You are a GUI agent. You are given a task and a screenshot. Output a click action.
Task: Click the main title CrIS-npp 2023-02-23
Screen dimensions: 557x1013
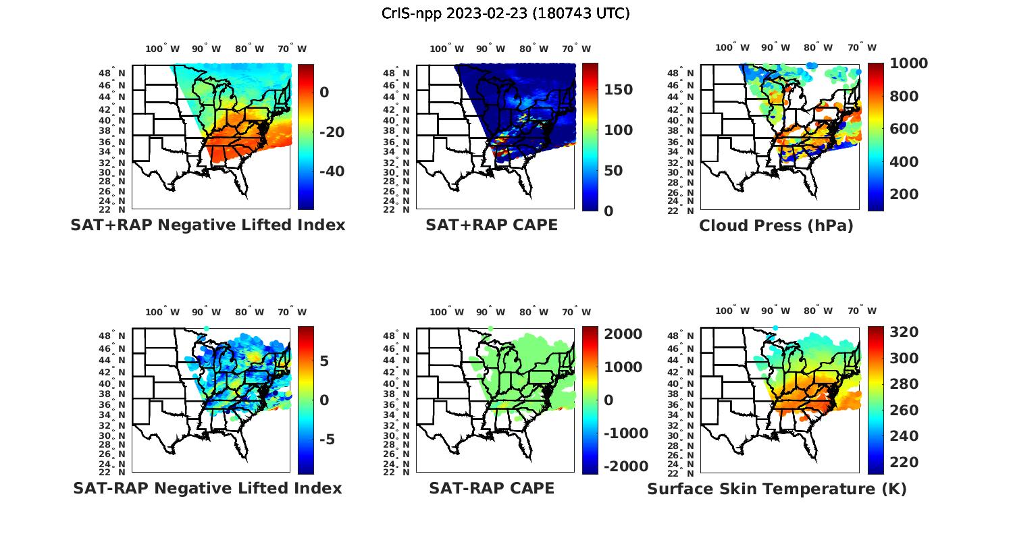[x=505, y=13]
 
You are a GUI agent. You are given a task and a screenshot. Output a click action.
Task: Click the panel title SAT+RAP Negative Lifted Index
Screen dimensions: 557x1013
[x=207, y=225]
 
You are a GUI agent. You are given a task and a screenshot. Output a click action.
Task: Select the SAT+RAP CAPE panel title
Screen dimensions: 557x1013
[x=492, y=225]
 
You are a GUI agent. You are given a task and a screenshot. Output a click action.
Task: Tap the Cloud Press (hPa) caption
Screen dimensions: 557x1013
[x=776, y=226]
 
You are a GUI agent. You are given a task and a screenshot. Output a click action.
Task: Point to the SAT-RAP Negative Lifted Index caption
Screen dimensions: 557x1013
[x=207, y=488]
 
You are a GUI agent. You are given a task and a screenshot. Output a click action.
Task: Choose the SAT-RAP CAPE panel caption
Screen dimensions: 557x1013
[x=492, y=488]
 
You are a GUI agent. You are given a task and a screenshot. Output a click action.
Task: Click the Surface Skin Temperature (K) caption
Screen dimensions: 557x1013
[x=777, y=489]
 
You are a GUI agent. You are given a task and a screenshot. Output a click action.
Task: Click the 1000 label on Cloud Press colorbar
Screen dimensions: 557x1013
[x=908, y=63]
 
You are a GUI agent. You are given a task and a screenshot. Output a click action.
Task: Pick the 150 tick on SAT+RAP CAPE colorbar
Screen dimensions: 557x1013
[x=618, y=90]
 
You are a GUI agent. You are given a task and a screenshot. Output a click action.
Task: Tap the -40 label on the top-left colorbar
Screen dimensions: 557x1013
[x=332, y=171]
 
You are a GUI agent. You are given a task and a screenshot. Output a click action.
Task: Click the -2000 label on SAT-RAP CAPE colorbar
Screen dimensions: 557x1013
[x=626, y=467]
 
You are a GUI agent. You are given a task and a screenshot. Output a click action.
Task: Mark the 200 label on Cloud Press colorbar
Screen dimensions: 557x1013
[x=904, y=194]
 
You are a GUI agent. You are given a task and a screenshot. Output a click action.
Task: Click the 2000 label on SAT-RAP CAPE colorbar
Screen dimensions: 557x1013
[x=623, y=334]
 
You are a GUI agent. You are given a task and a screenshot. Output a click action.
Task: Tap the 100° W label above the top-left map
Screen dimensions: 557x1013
[x=162, y=49]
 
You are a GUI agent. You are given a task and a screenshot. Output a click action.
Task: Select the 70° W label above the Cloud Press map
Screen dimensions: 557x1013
[x=862, y=47]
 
